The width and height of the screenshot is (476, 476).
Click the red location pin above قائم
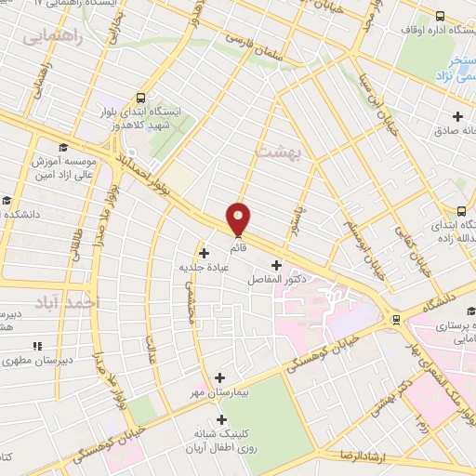tap(239, 218)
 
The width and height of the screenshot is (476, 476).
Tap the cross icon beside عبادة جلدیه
tap(204, 252)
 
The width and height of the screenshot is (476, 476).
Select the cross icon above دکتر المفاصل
tap(275, 264)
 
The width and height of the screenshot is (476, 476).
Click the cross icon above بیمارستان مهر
tap(219, 377)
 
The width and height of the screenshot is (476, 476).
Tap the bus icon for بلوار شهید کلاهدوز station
tap(140, 97)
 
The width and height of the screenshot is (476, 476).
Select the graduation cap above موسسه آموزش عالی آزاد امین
tap(62, 147)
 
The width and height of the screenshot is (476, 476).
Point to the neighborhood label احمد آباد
tap(73, 304)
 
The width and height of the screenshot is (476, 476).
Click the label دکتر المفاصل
tap(275, 279)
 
